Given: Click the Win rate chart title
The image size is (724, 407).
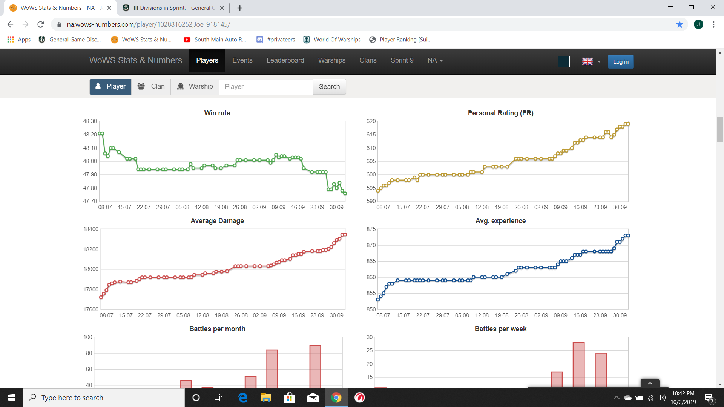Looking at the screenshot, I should pos(217,113).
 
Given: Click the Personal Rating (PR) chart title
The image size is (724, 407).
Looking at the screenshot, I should pos(500,113).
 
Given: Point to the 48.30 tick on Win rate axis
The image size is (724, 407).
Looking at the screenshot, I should pos(90,121).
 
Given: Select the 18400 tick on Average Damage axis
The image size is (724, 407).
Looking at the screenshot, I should pos(91,229).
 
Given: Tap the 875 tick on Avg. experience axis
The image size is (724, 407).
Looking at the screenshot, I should pos(371,229).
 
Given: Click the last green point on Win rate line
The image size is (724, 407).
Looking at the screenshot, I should pos(345,194).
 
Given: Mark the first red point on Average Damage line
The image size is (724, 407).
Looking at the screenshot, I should pos(101,297).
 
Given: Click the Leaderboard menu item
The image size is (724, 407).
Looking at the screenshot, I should pos(285,60).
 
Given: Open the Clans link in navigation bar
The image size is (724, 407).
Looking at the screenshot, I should pos(368,60).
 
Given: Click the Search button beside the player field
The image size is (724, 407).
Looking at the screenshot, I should pos(329,87).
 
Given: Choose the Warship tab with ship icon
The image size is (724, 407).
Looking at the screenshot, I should pos(195,87).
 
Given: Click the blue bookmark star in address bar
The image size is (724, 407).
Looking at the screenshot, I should pos(680,24).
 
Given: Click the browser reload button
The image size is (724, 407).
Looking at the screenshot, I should pos(41,24).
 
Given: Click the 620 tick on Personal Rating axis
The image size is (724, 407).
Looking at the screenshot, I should pos(371,121).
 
